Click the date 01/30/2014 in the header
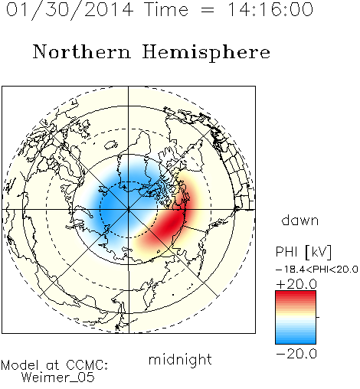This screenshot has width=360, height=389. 69,10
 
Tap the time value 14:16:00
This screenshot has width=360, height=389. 270,9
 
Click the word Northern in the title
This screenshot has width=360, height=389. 82,51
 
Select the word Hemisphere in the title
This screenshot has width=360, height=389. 206,53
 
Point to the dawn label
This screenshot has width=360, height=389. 300,220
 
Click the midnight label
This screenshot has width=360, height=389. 180,359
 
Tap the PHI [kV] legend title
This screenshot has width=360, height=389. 303,252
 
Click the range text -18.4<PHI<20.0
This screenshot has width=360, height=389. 317,270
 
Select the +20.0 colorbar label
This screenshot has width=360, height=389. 296,284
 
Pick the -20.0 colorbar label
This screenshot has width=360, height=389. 296,354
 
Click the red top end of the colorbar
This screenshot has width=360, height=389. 296,293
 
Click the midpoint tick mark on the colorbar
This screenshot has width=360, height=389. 318,317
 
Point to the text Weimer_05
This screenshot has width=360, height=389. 58,378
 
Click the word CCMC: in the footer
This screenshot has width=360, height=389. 87,365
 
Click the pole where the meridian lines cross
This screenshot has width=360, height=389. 129,210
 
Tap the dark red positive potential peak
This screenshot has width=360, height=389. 172,223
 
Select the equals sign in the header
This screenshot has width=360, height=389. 208,10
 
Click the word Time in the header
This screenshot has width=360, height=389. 166,9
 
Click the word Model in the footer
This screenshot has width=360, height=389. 20,365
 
